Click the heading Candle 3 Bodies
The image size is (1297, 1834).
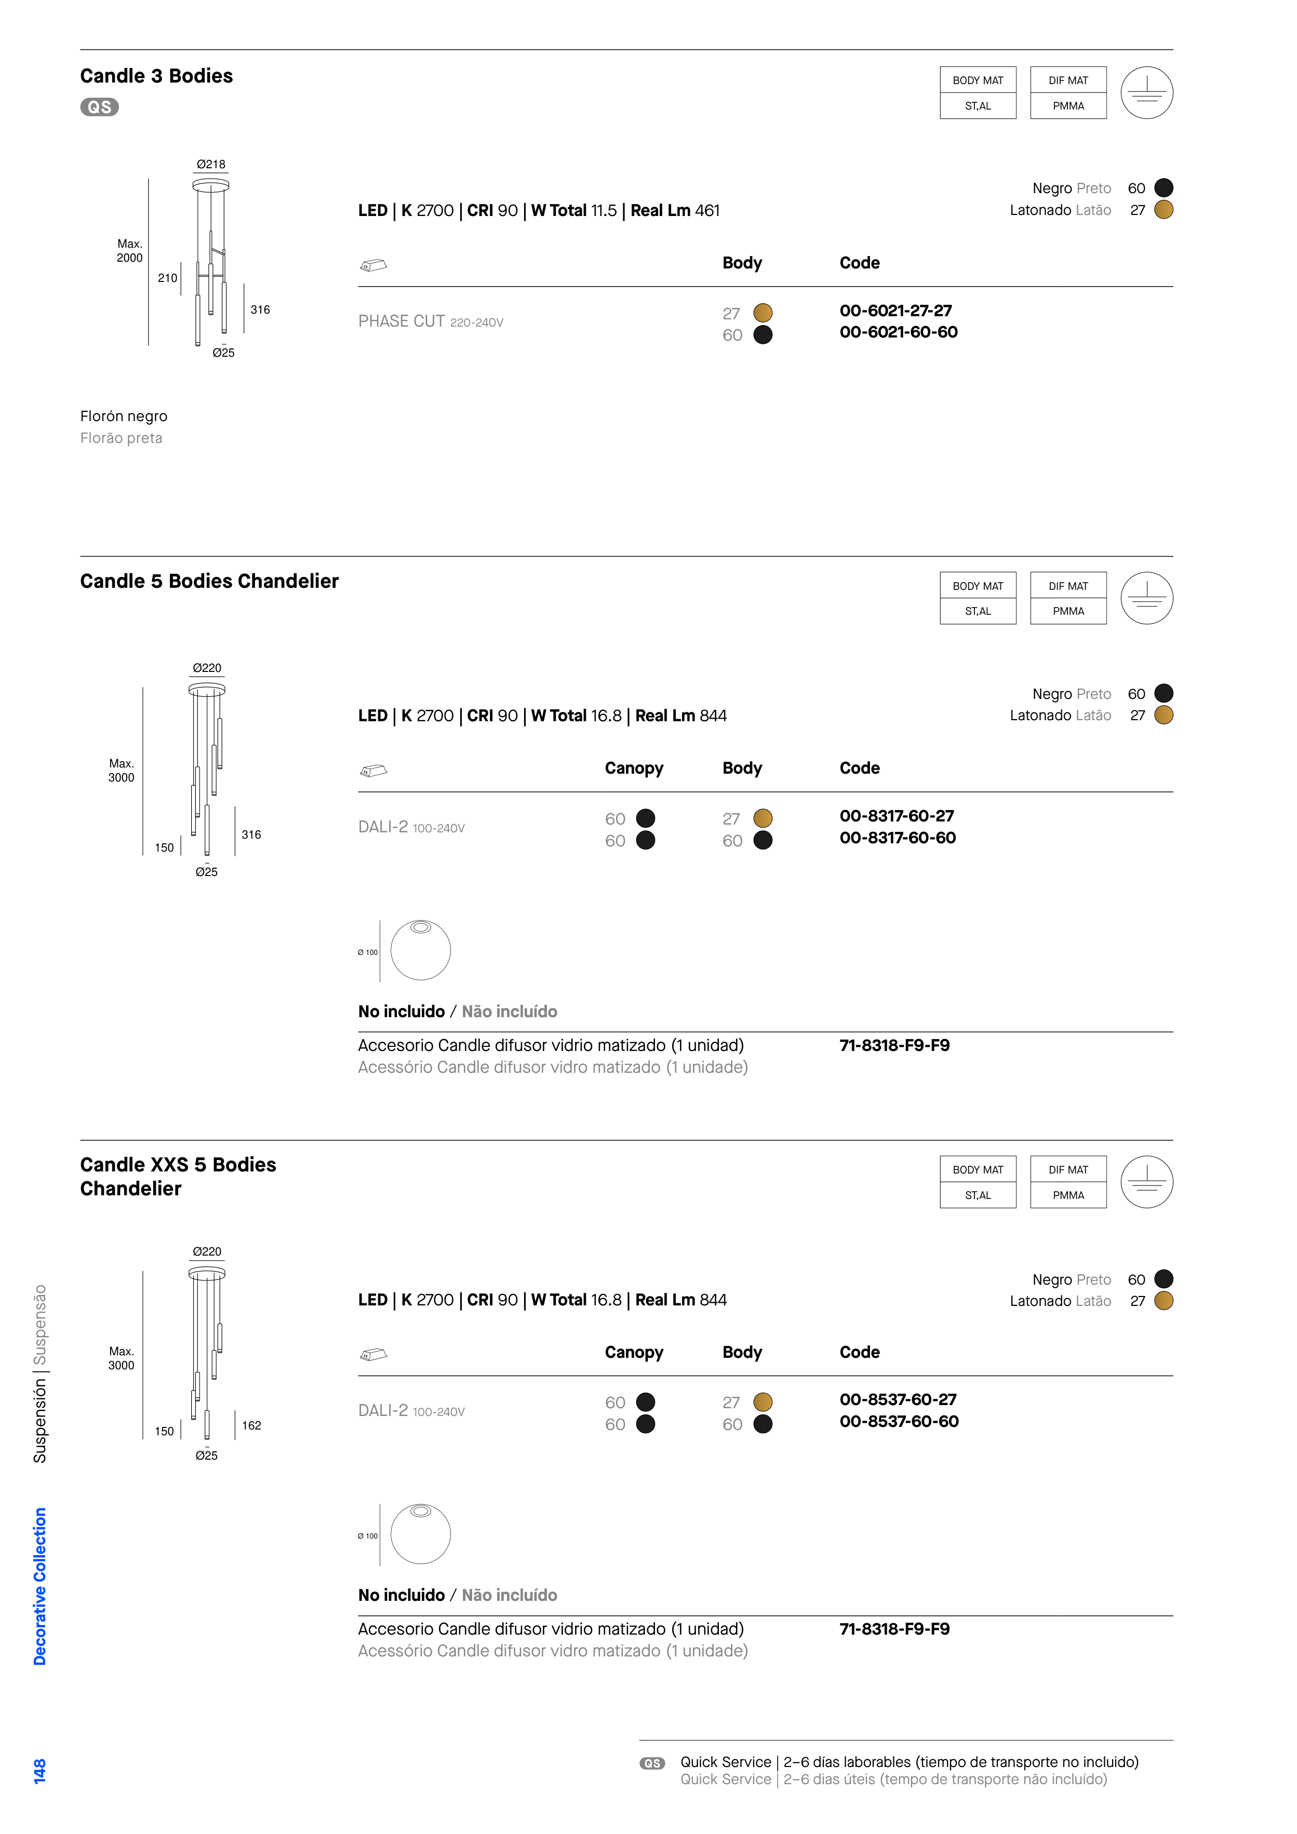[x=157, y=76]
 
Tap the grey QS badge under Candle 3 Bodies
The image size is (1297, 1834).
[x=99, y=107]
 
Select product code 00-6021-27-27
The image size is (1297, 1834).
[x=896, y=311]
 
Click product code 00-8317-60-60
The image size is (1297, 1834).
[x=898, y=838]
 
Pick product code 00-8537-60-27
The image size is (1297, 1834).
[x=898, y=1399]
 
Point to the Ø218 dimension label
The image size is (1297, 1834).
[x=211, y=165]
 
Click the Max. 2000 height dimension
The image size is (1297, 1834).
[x=129, y=251]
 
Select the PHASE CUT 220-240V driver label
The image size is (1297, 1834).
[x=431, y=321]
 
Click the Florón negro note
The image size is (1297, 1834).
[x=124, y=416]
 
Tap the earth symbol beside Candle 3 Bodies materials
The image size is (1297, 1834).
[x=1147, y=92]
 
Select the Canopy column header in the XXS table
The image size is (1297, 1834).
[x=634, y=1352]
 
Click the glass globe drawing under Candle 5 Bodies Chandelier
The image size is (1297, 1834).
[x=420, y=951]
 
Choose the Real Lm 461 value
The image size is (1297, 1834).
[x=675, y=211]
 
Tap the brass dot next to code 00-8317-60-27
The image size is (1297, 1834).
[x=763, y=818]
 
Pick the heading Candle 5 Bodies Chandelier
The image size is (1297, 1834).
[x=209, y=582]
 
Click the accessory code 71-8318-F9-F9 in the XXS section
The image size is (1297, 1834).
[x=894, y=1629]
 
